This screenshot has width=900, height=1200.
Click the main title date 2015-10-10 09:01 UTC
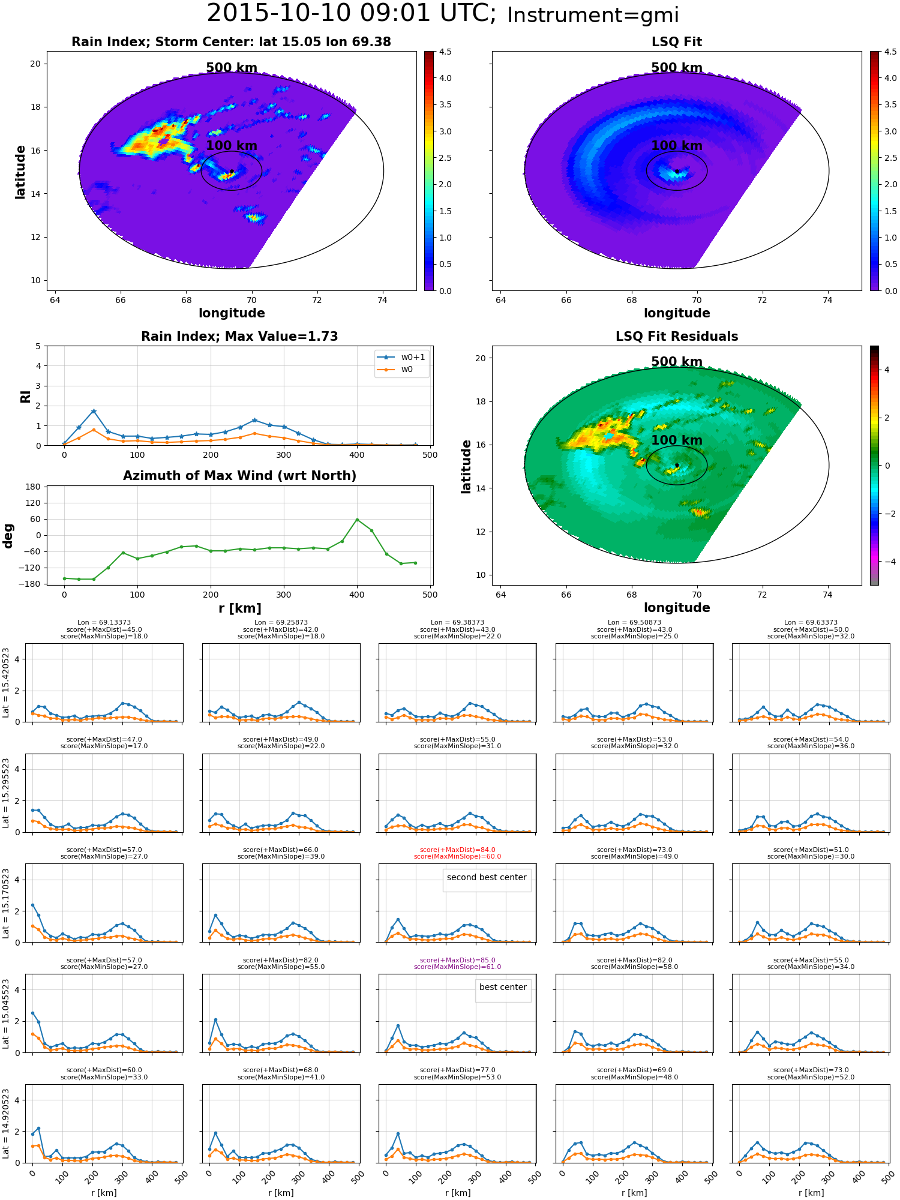click(351, 14)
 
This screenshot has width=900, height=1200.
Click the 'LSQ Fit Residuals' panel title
click(677, 337)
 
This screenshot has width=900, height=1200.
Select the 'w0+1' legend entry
click(401, 358)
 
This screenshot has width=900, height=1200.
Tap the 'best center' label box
click(503, 988)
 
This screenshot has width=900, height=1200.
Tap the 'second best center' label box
click(487, 878)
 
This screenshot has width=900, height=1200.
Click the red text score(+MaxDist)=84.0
click(457, 850)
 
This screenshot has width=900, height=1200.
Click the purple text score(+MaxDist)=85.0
click(457, 961)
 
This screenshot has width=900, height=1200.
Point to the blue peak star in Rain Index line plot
click(94, 411)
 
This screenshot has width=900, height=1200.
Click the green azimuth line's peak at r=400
click(357, 520)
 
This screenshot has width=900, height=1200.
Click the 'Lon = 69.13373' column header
click(104, 623)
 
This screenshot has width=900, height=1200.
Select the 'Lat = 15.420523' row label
click(6, 683)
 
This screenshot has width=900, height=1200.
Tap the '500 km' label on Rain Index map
click(232, 68)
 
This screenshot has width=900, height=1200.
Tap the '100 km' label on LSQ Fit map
click(677, 146)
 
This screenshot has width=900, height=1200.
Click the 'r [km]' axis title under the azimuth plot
click(239, 608)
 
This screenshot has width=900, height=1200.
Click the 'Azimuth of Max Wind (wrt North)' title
click(239, 476)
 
